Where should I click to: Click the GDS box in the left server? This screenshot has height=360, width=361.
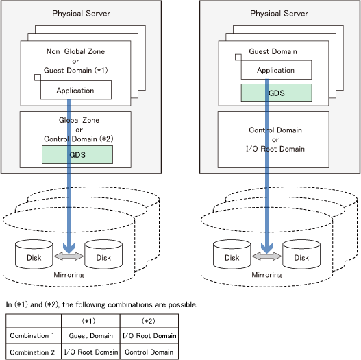(77, 154)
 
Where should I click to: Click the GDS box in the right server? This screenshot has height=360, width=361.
(277, 93)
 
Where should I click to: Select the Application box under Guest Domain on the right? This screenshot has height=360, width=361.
(276, 70)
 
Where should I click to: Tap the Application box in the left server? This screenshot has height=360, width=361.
(76, 90)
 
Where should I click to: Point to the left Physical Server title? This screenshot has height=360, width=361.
(81, 13)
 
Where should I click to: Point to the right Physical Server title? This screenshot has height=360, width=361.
(279, 13)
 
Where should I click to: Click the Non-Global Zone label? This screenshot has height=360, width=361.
(75, 51)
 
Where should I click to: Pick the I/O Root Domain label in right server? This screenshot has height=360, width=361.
(275, 149)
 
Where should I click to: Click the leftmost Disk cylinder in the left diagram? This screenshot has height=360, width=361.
(34, 254)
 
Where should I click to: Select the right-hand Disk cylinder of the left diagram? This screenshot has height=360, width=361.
(103, 254)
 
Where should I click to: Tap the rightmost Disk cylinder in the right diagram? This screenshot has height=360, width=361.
(301, 254)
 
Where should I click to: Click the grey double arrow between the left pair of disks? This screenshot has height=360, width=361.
(69, 256)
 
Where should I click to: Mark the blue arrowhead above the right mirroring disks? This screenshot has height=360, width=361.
(267, 248)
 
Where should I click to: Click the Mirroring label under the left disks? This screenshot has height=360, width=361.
(69, 275)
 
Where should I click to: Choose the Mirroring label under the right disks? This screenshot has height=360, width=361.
(267, 275)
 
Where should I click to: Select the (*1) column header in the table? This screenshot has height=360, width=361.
(88, 321)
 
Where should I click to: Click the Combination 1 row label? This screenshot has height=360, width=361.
(32, 335)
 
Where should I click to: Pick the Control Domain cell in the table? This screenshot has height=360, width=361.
(149, 352)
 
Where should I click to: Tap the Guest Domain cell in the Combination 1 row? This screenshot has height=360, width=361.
(90, 335)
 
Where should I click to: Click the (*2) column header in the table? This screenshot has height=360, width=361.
(149, 321)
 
